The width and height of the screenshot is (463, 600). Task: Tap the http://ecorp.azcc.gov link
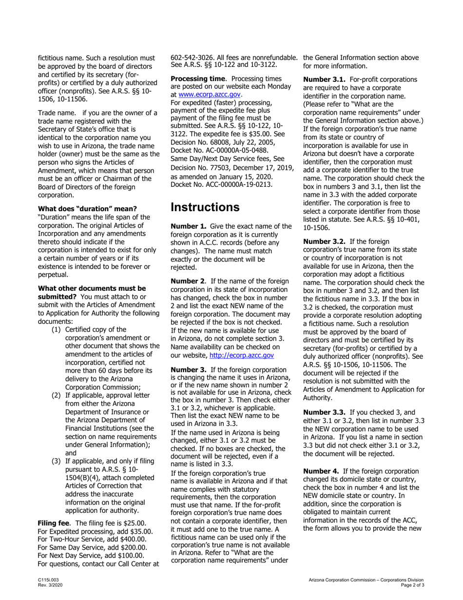coord(241,356)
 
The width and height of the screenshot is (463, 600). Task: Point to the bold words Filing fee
coord(55,523)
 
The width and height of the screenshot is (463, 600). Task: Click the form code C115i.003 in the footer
coord(48,579)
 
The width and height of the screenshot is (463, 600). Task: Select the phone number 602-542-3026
coord(193,58)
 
